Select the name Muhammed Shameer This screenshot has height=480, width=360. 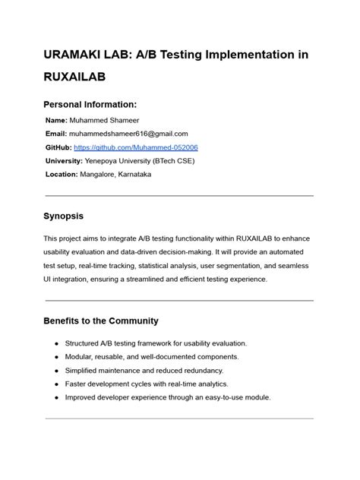[x=101, y=120]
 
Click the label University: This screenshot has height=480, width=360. [x=65, y=160]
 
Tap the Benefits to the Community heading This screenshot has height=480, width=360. [x=101, y=321]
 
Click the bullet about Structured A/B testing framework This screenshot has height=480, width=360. [x=156, y=343]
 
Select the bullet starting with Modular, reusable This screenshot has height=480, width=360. [x=152, y=357]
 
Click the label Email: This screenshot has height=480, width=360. [x=57, y=134]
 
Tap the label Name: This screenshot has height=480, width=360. [x=57, y=120]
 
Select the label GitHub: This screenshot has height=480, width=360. [x=59, y=147]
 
